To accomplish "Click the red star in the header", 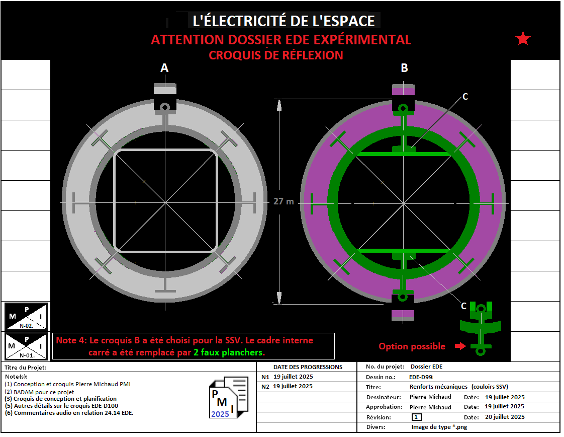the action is (x=523, y=38).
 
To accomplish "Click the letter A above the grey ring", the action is (x=164, y=68).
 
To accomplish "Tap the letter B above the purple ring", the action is (x=404, y=68).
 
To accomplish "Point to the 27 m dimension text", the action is (x=284, y=201).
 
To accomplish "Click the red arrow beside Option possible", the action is (x=460, y=346).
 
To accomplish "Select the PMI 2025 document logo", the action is (x=229, y=397).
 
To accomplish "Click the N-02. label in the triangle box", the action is (x=26, y=326).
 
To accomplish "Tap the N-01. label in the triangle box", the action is (x=27, y=355).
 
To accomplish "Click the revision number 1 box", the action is (x=417, y=417).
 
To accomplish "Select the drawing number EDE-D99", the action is (x=421, y=377).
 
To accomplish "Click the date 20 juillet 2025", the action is (x=505, y=417).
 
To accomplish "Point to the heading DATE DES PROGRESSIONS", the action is (x=308, y=367).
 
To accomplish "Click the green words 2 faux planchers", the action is (x=229, y=352).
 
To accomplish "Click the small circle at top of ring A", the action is (x=165, y=107).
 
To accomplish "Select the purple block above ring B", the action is (x=403, y=90).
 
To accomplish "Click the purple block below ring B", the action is (x=403, y=315).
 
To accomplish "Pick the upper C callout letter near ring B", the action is (x=465, y=97).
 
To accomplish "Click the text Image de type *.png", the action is (x=439, y=427).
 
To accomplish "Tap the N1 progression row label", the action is (x=265, y=377).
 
